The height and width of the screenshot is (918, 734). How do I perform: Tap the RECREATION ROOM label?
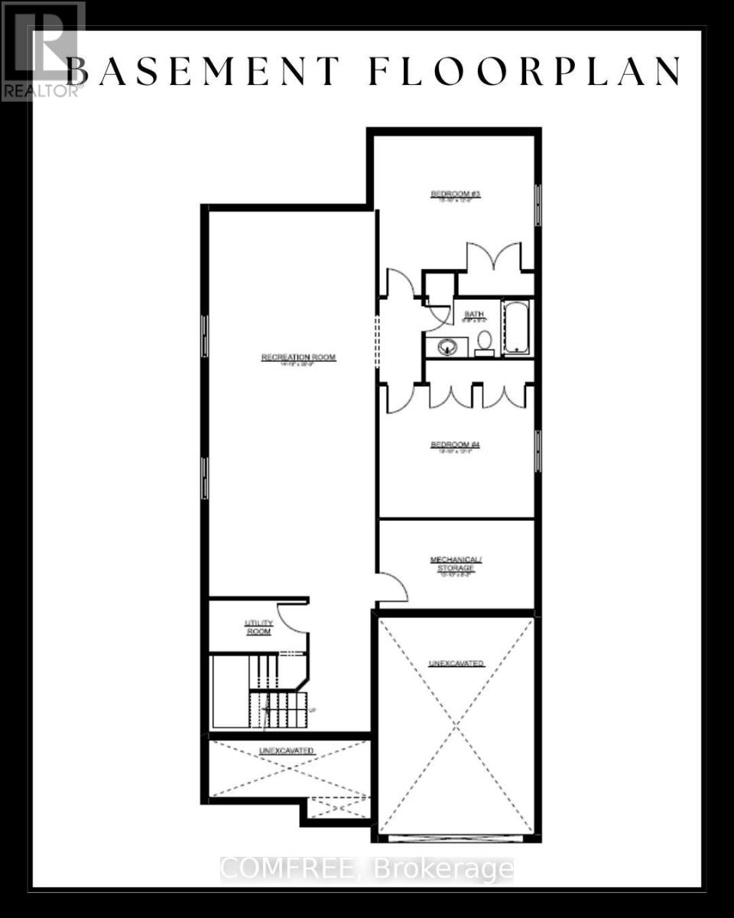coord(298,357)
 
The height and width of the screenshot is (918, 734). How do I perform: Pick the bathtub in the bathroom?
coord(516,327)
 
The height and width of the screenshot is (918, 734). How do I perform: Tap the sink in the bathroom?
coord(446,347)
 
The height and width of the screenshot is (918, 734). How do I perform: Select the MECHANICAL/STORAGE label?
coord(456,564)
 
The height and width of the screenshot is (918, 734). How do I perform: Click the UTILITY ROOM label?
coord(258,627)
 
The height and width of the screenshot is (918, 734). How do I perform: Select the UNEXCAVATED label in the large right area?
coord(456,663)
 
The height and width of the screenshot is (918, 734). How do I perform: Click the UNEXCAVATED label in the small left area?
coord(287,751)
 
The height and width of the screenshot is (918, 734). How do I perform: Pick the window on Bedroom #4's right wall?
coord(538,451)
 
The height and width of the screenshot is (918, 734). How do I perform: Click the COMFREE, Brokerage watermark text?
coord(367,869)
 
